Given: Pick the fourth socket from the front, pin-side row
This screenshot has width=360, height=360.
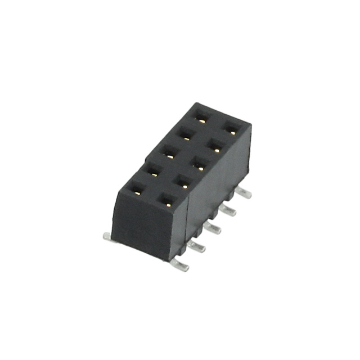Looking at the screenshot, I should pos(214,146).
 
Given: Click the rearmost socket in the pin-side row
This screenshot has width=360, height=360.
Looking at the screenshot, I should pos(231,129).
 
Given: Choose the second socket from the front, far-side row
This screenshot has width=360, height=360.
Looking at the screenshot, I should pos(152,172).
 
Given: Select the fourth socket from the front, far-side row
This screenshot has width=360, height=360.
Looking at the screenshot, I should pos(184,134).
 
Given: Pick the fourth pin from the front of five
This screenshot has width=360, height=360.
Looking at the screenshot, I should pos(227,210).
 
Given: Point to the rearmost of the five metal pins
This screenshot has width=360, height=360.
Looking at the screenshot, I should pos(242,193).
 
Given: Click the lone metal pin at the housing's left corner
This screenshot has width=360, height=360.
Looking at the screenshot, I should pos(107,237).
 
